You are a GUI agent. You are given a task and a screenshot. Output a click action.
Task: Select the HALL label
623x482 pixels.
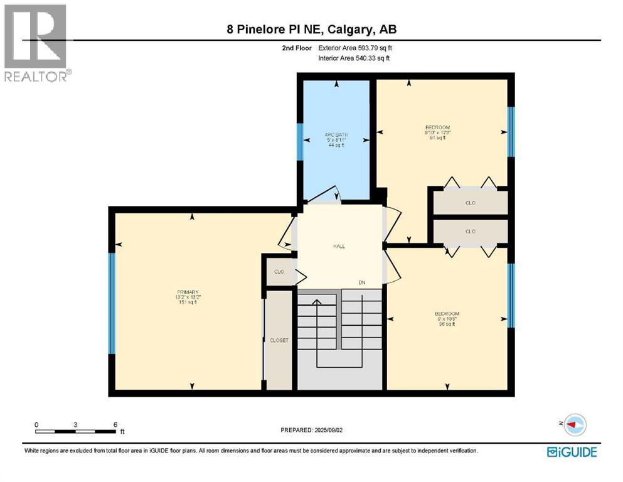click(x=339, y=246)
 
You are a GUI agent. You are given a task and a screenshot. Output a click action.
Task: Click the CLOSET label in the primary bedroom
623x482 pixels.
click(x=279, y=340)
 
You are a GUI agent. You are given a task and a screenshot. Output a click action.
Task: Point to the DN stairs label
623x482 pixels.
click(x=362, y=283)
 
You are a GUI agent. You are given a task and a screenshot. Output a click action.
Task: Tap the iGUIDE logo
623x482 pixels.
click(x=572, y=451)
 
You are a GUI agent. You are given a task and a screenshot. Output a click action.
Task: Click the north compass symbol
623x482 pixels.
click(x=572, y=425)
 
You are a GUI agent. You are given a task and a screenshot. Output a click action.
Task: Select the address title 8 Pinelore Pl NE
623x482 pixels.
click(x=312, y=29)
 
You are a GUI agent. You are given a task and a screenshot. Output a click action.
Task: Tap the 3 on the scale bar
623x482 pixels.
click(x=75, y=424)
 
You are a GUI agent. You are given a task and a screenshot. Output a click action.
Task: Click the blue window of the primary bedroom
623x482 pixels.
click(x=112, y=303)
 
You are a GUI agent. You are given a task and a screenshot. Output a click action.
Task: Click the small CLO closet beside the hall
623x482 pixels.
click(x=279, y=272)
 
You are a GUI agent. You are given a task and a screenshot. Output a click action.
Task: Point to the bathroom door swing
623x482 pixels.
click(x=329, y=196)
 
